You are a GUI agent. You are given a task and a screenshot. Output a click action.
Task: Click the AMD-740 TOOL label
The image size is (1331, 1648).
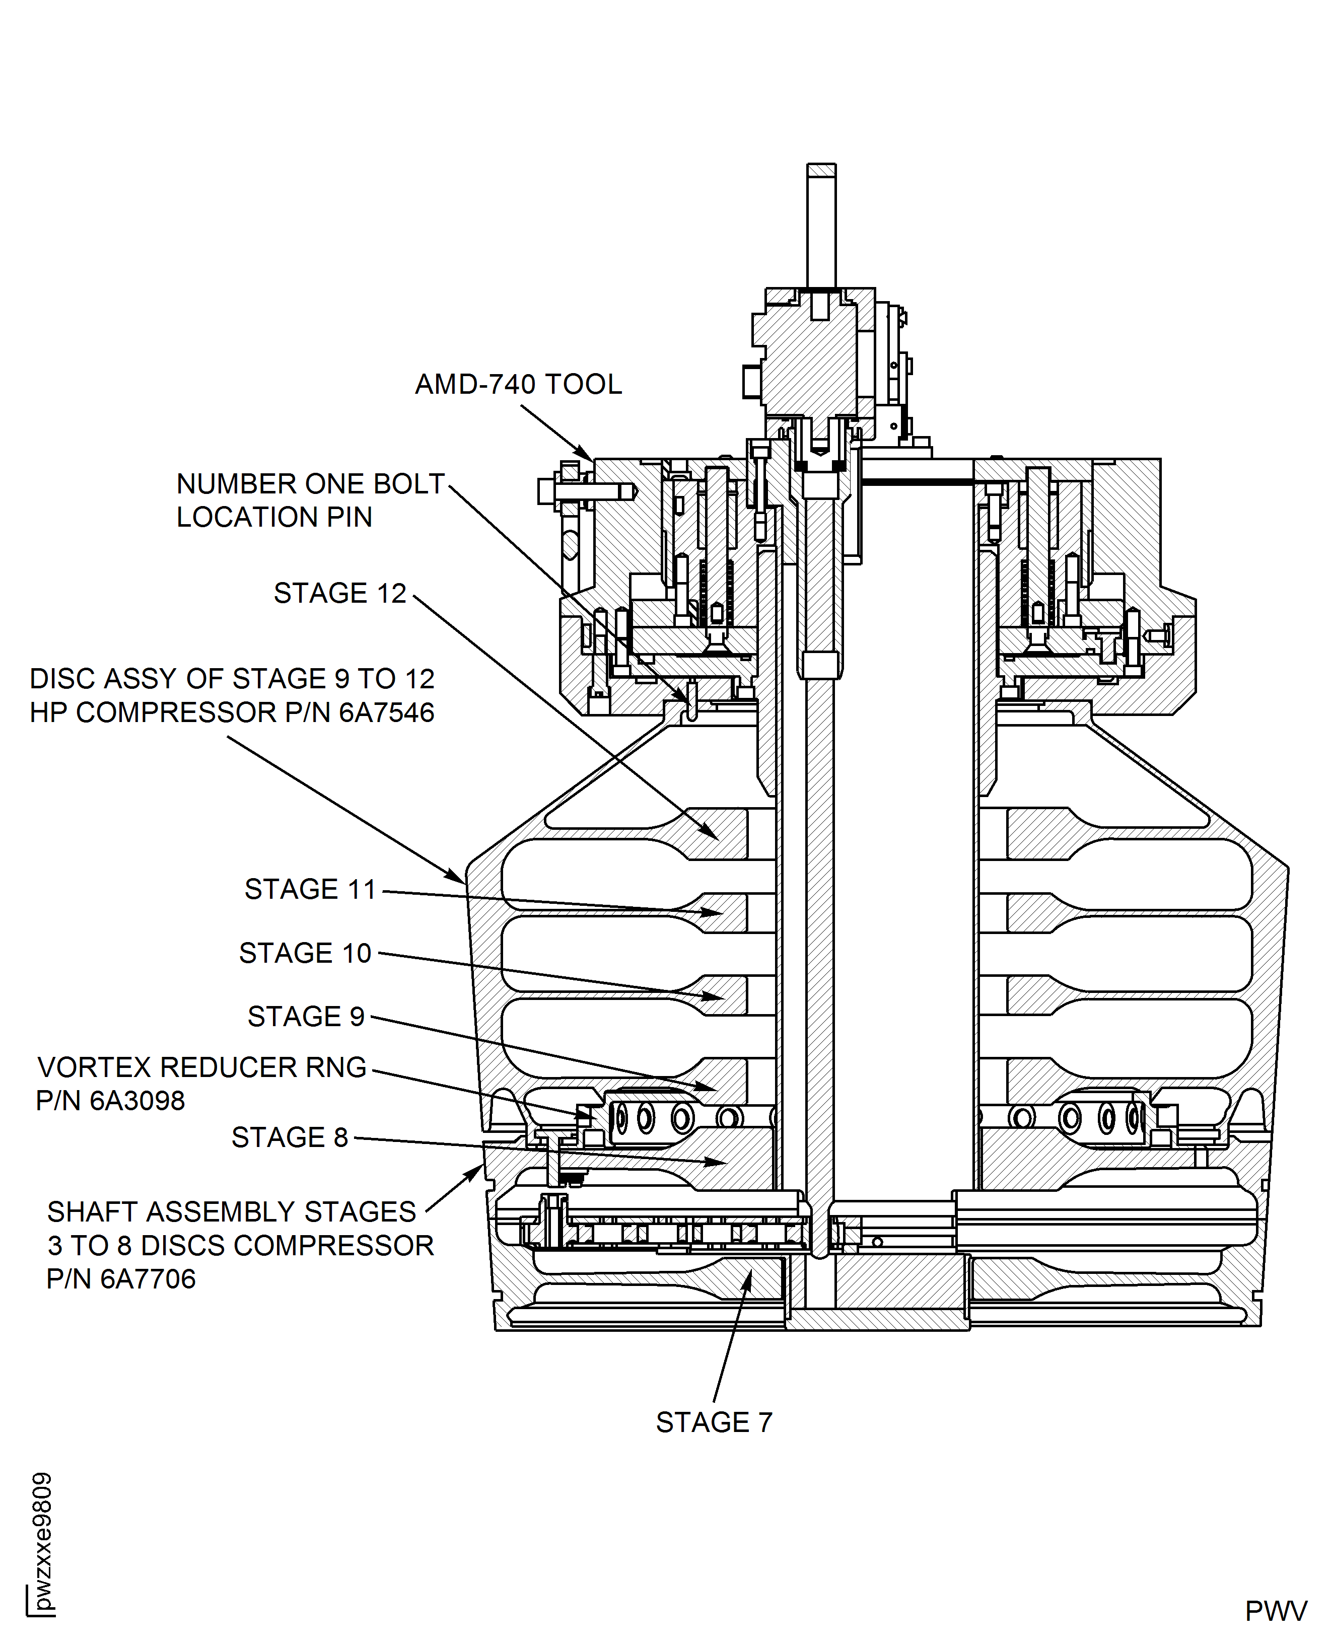pyautogui.click(x=518, y=384)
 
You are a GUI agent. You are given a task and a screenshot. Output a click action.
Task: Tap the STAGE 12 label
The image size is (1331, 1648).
pyautogui.click(x=339, y=593)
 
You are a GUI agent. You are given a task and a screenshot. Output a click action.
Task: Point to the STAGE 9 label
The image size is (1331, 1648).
pyautogui.click(x=305, y=1017)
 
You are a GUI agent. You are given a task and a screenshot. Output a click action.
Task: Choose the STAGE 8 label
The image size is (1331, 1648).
pyautogui.click(x=289, y=1137)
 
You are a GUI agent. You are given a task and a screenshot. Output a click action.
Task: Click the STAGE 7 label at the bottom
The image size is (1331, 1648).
pyautogui.click(x=714, y=1422)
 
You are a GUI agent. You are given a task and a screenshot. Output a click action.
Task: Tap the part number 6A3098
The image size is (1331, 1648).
pyautogui.click(x=137, y=1101)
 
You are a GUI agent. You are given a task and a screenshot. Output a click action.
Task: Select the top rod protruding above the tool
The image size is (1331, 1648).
pyautogui.click(x=821, y=226)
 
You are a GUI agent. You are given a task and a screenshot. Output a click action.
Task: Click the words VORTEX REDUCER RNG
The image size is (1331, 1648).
pyautogui.click(x=201, y=1067)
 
